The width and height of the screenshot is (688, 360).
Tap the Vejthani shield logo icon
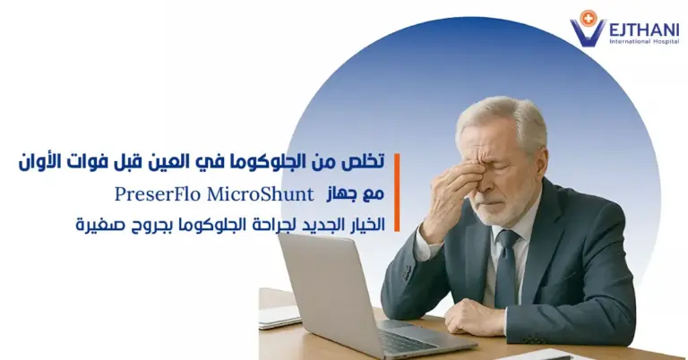pyautogui.click(x=589, y=27)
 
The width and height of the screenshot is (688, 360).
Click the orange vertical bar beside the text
pyautogui.click(x=395, y=192)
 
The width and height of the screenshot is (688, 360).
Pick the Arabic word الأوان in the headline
pyautogui.click(x=42, y=163)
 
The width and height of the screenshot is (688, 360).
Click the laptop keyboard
pyautogui.click(x=408, y=339)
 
